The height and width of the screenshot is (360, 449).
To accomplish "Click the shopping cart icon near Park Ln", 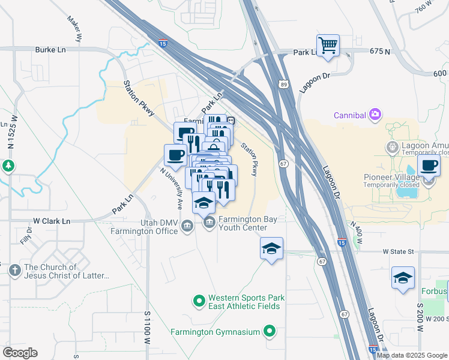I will point(328,46).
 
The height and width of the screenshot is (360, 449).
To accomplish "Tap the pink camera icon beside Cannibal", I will point(375,114).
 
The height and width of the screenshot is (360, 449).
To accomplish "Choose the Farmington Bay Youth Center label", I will point(247,223).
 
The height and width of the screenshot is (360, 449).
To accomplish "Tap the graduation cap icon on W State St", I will point(271,248).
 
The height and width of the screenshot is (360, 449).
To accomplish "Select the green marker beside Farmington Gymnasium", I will point(270,331).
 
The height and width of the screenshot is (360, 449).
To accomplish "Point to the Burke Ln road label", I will point(51,50).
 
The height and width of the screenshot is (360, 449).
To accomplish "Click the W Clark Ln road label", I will point(51,221).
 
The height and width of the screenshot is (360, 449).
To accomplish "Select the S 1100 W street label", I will point(146,327).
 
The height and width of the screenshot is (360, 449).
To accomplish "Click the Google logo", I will point(20,353).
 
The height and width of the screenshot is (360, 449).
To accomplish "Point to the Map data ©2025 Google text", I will point(411,355).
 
